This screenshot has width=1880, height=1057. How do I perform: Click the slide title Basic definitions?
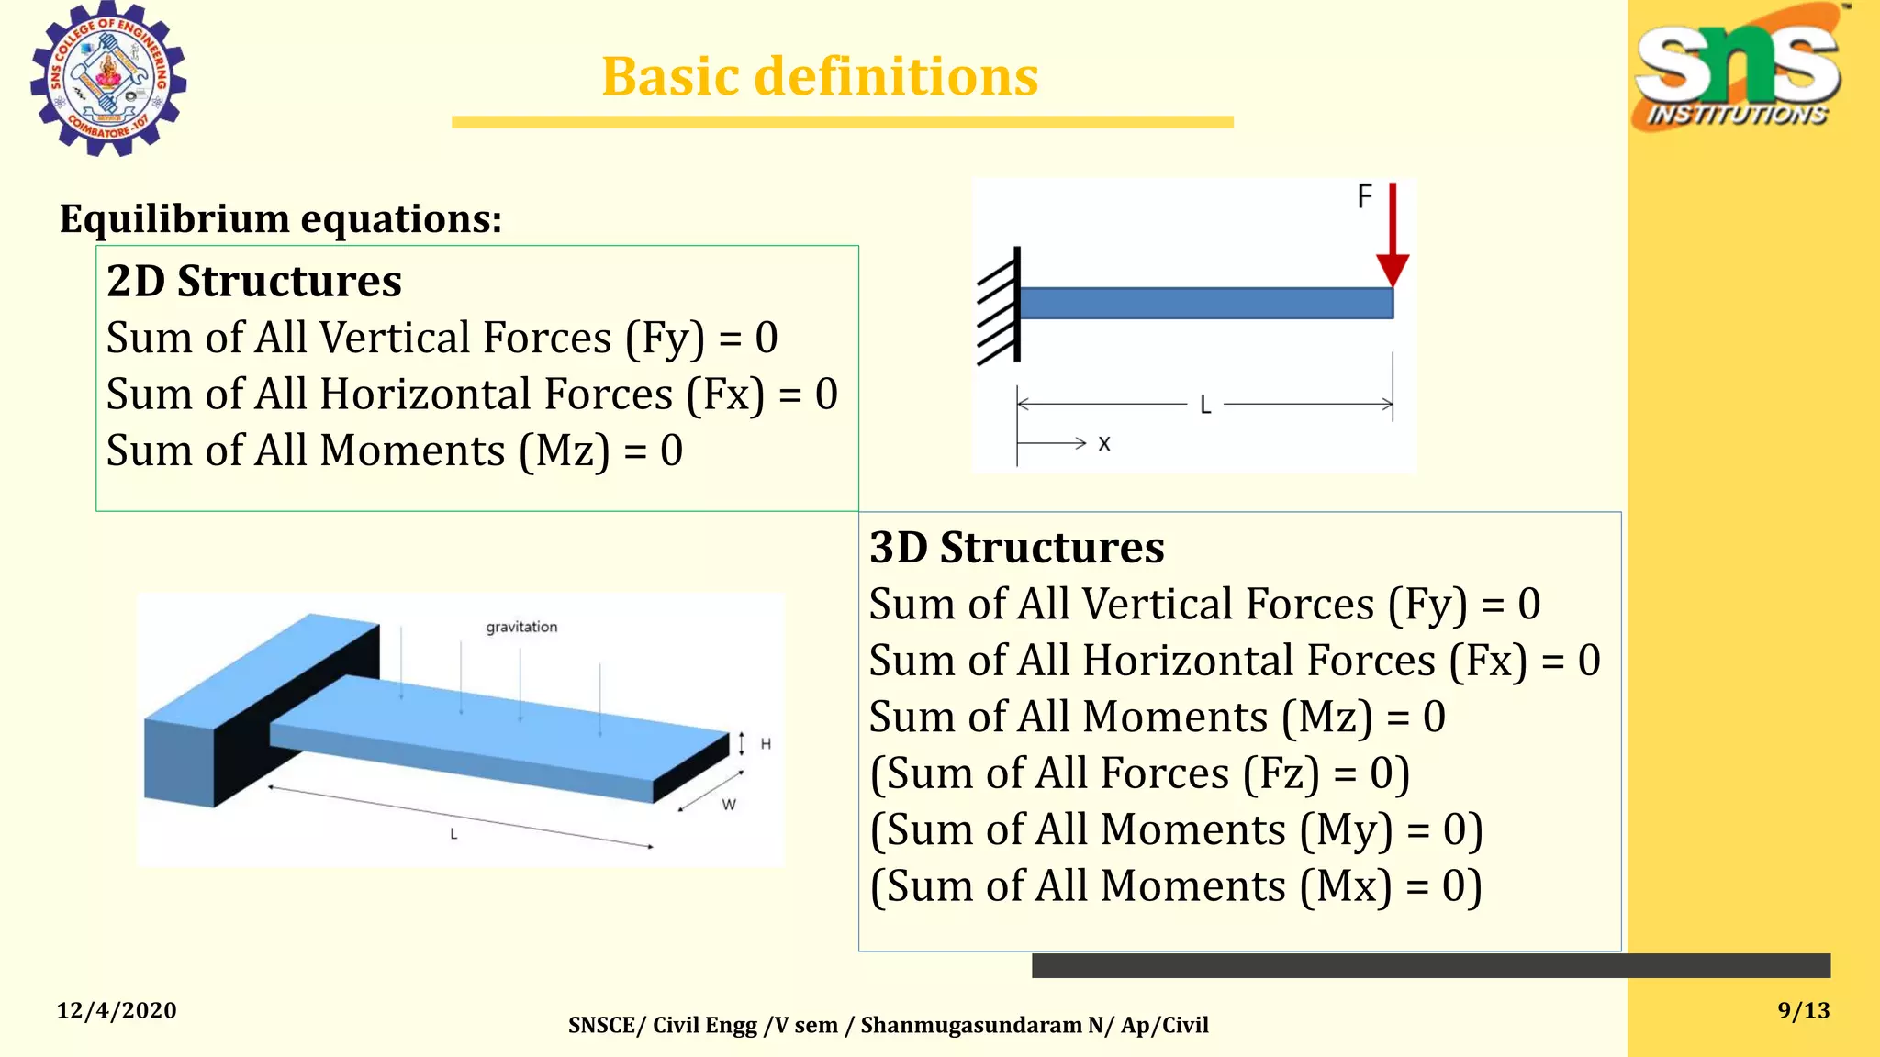[820, 76]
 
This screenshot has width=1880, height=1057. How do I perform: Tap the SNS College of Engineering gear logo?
[108, 79]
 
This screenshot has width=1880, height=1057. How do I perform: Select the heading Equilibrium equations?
[281, 219]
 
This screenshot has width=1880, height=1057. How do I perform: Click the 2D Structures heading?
[254, 281]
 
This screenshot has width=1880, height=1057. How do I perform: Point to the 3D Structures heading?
[1017, 548]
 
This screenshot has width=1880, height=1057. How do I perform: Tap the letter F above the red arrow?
[1365, 196]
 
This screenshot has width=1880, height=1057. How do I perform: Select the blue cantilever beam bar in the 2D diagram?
[1205, 303]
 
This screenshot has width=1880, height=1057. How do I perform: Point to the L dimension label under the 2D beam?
[1205, 405]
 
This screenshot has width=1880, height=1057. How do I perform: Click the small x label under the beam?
[1104, 444]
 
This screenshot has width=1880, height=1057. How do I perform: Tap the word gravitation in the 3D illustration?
[521, 627]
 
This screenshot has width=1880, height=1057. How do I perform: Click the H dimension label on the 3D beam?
[766, 744]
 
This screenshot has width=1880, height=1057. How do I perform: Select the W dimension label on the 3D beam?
[729, 805]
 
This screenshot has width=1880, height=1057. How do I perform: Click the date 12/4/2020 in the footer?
[117, 1010]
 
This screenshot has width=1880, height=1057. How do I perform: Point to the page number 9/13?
[1803, 1010]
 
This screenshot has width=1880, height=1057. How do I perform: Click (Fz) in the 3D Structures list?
[1281, 773]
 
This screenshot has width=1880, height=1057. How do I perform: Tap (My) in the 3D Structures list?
[1346, 830]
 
